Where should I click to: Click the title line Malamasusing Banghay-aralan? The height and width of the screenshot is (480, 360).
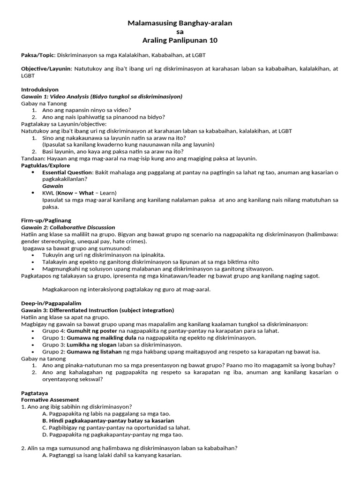pos(180,23)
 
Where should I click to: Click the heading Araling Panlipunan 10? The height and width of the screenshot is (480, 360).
pos(180,40)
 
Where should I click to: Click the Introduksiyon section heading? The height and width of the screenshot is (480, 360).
pos(40,90)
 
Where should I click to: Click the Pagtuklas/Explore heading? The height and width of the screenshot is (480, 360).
pos(45,165)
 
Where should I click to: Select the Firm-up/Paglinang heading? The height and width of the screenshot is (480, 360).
pos(46,220)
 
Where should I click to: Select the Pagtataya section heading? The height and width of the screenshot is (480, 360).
pos(35,393)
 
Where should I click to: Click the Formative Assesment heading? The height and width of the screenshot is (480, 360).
pos(50,400)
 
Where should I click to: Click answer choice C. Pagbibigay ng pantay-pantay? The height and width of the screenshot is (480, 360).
pos(116,427)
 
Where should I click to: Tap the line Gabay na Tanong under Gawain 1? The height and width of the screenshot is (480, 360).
pos(44,103)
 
